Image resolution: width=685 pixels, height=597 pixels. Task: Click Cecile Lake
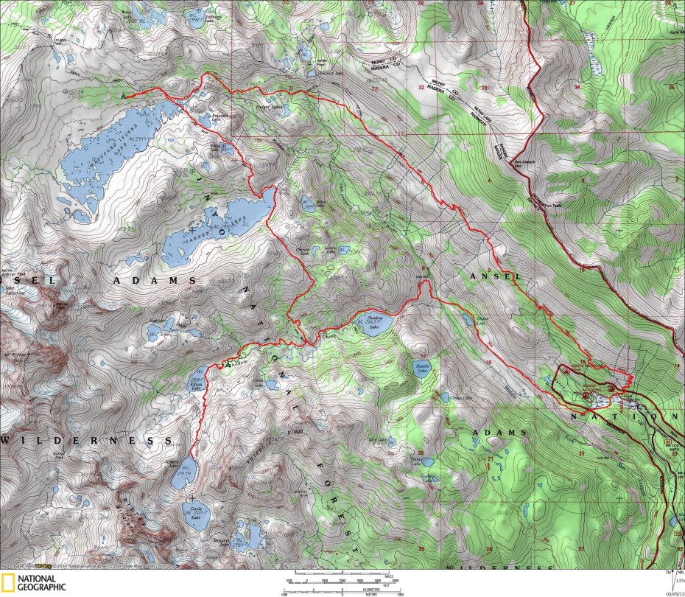(x=195, y=513)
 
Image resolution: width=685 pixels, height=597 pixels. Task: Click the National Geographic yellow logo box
(x=8, y=582)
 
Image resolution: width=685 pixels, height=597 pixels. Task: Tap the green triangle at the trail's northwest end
(x=124, y=95)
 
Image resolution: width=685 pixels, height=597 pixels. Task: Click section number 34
(x=577, y=87)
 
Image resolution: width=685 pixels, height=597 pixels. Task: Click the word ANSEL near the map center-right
(x=491, y=276)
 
